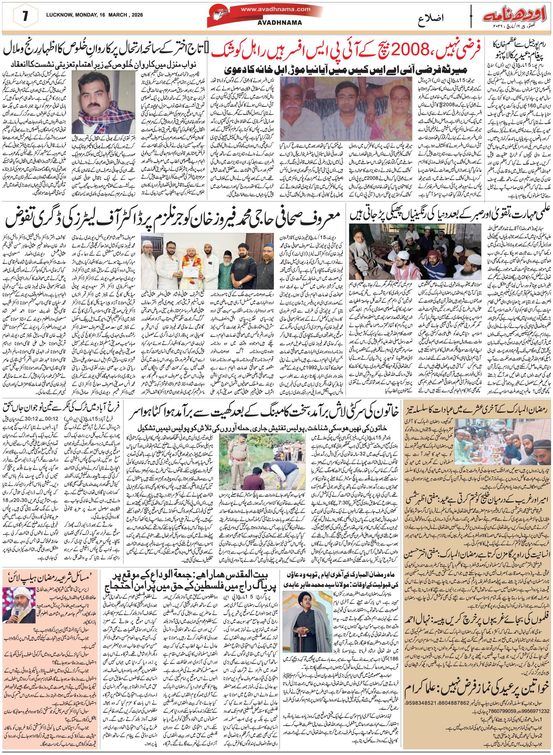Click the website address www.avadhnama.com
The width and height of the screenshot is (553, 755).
pyautogui.click(x=275, y=9)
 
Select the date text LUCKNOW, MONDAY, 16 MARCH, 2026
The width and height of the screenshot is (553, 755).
pyautogui.click(x=94, y=15)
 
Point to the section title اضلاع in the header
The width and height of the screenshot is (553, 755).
pyautogui.click(x=430, y=17)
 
